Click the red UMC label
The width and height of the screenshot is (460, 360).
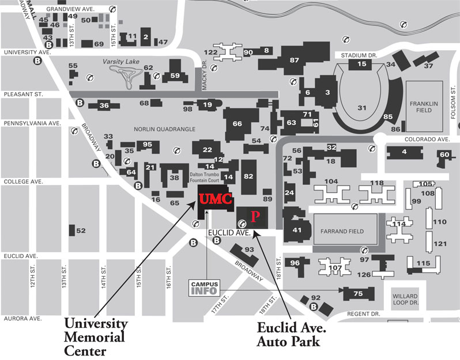pyautogui.click(x=216, y=199)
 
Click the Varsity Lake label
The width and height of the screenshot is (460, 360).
pyautogui.click(x=117, y=60)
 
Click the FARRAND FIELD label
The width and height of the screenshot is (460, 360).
pyautogui.click(x=344, y=231)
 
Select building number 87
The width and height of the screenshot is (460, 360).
pyautogui.click(x=295, y=60)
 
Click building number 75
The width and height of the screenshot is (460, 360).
pyautogui.click(x=357, y=294)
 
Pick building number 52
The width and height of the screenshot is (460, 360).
pyautogui.click(x=80, y=230)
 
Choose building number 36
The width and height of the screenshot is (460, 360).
pyautogui.click(x=104, y=105)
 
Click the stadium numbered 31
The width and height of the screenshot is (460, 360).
pyautogui.click(x=362, y=108)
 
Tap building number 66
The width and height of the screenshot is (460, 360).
pyautogui.click(x=237, y=123)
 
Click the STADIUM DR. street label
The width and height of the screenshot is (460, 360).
pyautogui.click(x=359, y=55)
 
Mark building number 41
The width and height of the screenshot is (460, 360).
pyautogui.click(x=297, y=230)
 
